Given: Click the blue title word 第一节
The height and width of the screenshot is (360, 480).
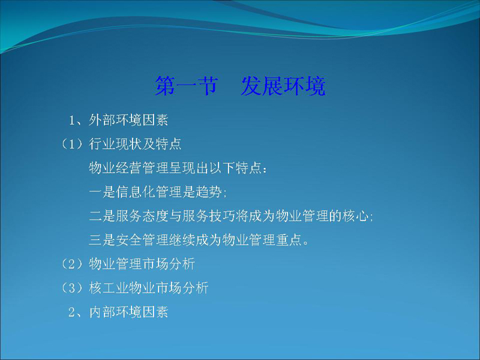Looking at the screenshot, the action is point(187,86).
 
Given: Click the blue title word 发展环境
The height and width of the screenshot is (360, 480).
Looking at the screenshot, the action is point(283,86).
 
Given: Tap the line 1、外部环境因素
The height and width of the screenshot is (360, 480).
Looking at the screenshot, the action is point(118,120).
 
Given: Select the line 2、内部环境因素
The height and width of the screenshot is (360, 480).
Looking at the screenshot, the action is point(118,312).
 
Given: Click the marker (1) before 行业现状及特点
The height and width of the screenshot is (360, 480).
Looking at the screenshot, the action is point(72,144).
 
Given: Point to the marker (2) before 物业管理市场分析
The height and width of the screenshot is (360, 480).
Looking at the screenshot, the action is point(72,264).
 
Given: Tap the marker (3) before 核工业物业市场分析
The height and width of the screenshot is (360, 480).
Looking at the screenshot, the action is point(72,288).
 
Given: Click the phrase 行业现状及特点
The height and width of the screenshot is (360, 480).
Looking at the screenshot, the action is point(135,144).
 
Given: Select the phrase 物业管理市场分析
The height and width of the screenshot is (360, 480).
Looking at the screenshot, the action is point(142,264).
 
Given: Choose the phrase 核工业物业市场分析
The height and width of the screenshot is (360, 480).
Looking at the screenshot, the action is point(148,288).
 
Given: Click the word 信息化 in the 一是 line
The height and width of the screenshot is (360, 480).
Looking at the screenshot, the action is point(136,192).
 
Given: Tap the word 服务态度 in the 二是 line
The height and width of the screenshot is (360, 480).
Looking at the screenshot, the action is point(142,216).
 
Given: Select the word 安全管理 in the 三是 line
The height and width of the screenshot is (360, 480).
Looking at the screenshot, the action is point(142,240).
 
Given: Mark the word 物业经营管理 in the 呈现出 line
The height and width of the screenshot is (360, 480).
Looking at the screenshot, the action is point(128,168).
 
